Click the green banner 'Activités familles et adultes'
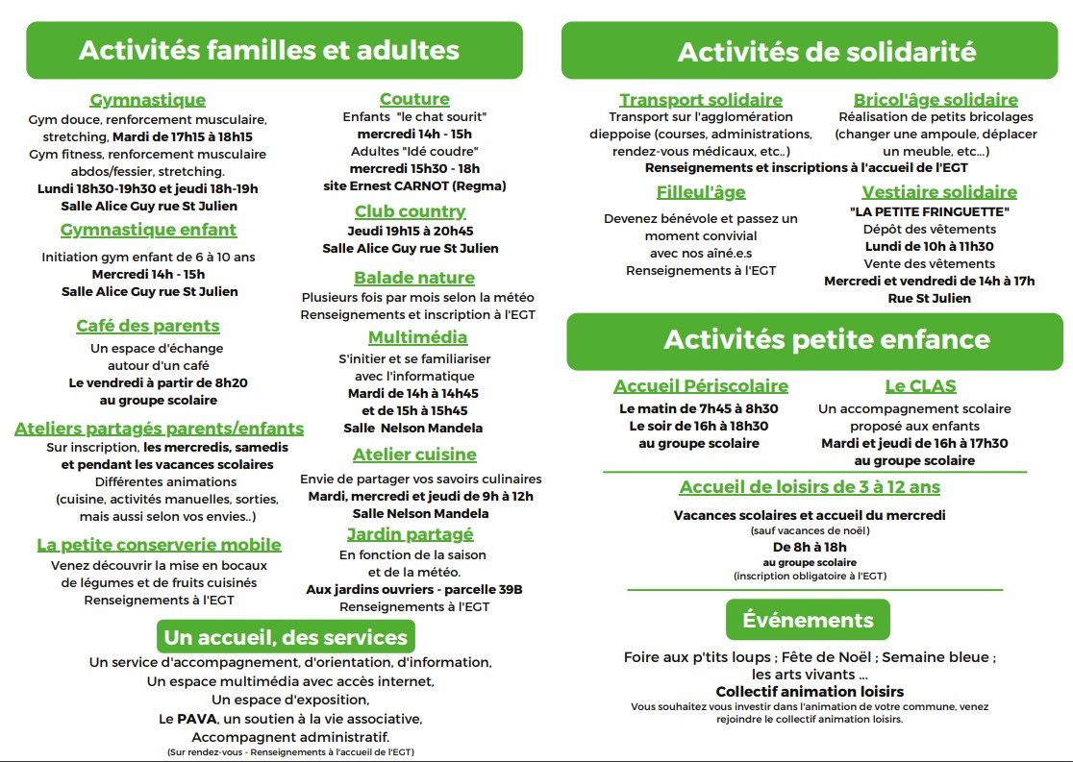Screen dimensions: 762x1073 pos(274,50)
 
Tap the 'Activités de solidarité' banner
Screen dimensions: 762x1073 pos(812,51)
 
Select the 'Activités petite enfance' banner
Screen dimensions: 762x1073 pos(813,339)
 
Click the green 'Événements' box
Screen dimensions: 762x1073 pos(808,620)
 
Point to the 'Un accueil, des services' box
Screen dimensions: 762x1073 pos(286,637)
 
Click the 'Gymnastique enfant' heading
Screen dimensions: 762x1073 pos(148,230)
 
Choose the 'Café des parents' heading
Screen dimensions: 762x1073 pos(148,326)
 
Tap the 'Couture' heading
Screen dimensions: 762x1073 pos(414,99)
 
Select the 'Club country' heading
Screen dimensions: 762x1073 pos(410,211)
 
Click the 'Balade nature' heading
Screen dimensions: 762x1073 pos(414,278)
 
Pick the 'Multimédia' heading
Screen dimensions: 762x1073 pos(417,337)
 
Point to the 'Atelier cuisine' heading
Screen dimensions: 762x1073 pos(414,455)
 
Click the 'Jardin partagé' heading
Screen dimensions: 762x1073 pos(411,534)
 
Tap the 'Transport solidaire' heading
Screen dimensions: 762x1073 pos(700,100)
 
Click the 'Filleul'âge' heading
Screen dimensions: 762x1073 pos(701,192)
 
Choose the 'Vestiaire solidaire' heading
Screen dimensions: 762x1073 pos(938,192)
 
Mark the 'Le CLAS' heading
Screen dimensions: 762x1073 pos(920,386)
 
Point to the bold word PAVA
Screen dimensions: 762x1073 pos(189,719)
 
